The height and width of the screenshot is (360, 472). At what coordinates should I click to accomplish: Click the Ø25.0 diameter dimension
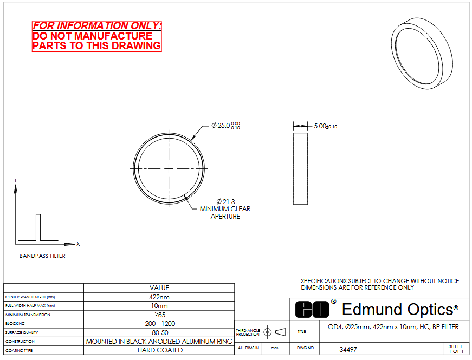225,126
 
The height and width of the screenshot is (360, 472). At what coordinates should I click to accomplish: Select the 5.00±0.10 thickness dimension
325,126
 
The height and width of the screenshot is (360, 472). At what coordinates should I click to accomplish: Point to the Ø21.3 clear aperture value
226,201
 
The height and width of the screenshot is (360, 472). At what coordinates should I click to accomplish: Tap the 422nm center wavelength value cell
159,297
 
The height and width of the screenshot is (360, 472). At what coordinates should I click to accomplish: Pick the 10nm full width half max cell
159,306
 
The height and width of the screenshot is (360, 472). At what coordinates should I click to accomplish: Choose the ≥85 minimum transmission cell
160,315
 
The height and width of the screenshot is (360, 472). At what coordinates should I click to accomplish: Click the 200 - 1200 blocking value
160,324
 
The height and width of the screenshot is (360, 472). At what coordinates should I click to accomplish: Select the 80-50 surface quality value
160,332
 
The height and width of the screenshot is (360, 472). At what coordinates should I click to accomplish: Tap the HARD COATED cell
160,350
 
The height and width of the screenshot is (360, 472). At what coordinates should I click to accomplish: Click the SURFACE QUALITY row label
22,332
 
